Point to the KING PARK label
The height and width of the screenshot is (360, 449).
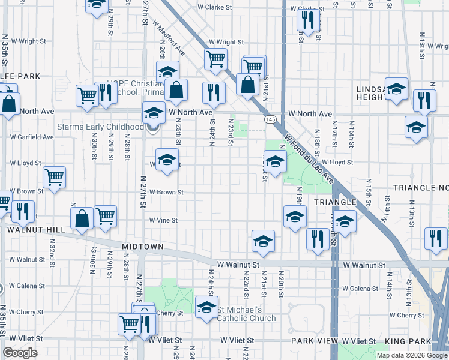[x=427, y=341]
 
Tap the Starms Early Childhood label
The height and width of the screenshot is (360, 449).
[x=100, y=127]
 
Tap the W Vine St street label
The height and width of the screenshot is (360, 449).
[x=163, y=220]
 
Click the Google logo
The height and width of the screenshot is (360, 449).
[x=20, y=352]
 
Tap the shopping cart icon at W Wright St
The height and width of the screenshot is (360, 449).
[x=215, y=59]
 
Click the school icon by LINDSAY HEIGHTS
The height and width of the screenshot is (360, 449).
[x=396, y=89]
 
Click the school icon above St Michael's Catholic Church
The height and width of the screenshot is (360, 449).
[x=206, y=307]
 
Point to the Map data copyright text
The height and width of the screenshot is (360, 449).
[x=412, y=355]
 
